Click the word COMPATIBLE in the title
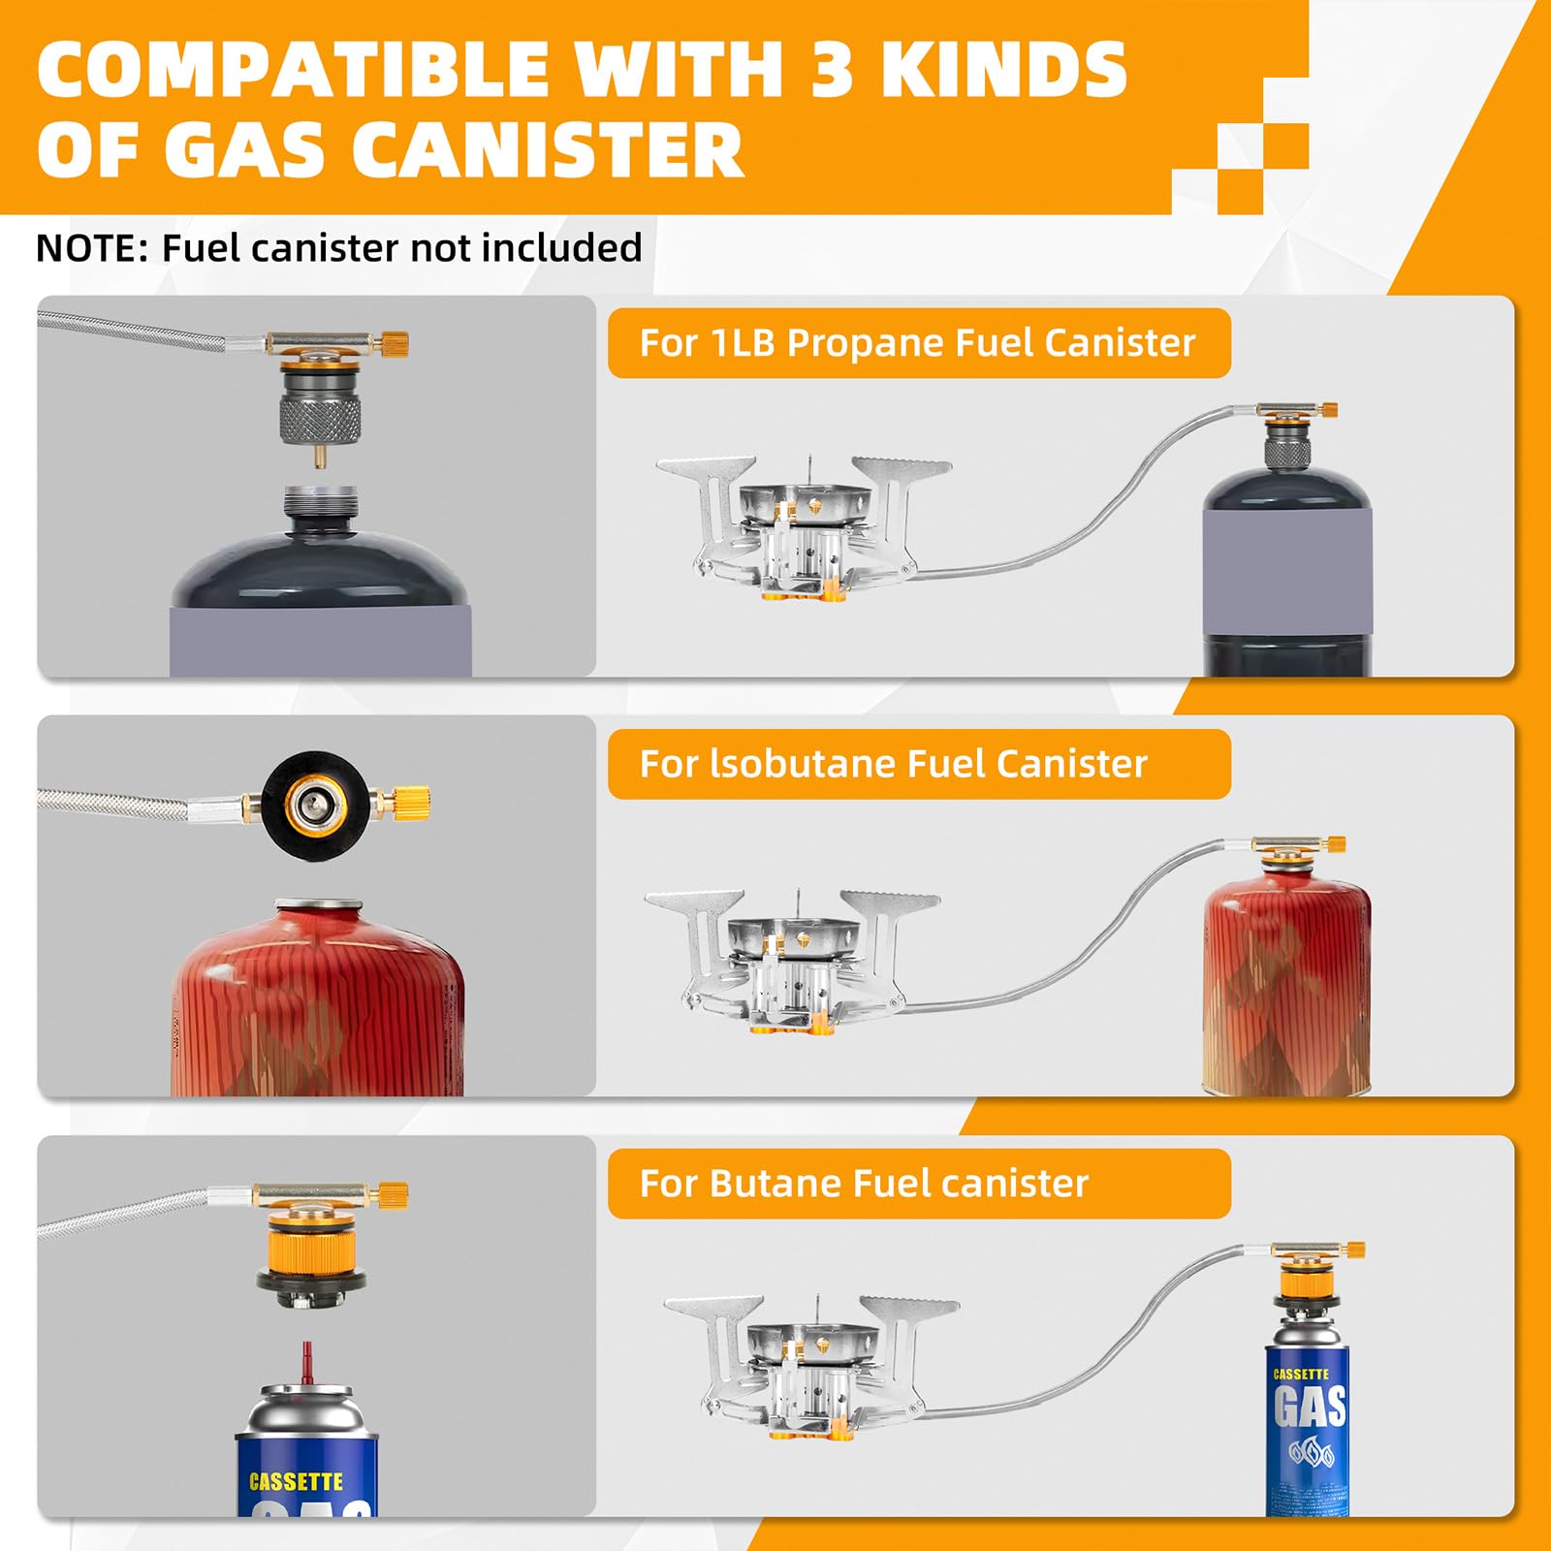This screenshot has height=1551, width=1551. tap(294, 70)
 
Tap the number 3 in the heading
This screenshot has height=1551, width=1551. tap(831, 70)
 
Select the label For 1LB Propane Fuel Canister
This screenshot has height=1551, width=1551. tap(917, 343)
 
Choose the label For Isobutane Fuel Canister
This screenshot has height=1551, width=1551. tap(893, 764)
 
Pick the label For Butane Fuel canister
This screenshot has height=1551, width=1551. tap(864, 1184)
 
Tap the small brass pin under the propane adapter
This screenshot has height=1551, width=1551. tap(319, 455)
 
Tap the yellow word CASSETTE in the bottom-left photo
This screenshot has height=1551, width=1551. tap(296, 1482)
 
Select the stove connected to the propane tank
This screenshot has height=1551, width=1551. tap(803, 528)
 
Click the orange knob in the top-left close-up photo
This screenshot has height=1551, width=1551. tap(393, 343)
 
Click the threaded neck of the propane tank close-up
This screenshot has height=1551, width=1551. tap(321, 505)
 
